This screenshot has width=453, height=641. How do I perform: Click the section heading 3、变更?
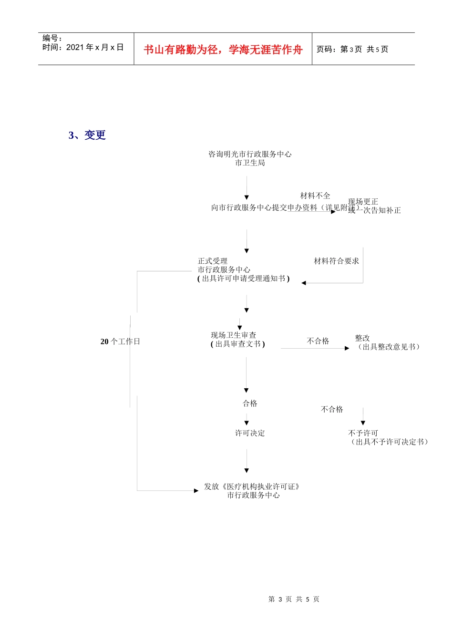[x=87, y=135]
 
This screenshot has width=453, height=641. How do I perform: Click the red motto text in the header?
[x=223, y=50]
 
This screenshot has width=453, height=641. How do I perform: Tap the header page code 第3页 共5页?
[x=352, y=49]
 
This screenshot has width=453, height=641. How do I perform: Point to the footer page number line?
[x=294, y=599]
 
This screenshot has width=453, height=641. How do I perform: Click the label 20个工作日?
[x=120, y=341]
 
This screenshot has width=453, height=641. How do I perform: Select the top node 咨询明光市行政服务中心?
[x=250, y=154]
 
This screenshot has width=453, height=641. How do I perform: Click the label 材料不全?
[x=315, y=196]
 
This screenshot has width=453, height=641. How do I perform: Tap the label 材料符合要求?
[x=336, y=261]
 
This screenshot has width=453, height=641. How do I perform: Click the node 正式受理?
[x=213, y=261]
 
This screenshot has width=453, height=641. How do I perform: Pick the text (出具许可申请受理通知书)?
[x=243, y=279]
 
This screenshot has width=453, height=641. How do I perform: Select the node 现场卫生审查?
[x=233, y=335]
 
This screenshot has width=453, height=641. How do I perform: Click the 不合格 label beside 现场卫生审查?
[x=318, y=341]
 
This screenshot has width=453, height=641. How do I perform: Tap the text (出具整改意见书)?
[x=389, y=347]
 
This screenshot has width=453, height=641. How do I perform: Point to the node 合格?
[x=250, y=403]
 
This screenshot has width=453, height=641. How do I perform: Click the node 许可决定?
[x=250, y=433]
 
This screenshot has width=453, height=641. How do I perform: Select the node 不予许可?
[x=363, y=433]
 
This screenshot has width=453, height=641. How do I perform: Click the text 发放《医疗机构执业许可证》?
[x=252, y=486]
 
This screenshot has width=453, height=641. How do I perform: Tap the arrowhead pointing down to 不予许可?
[x=363, y=423]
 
